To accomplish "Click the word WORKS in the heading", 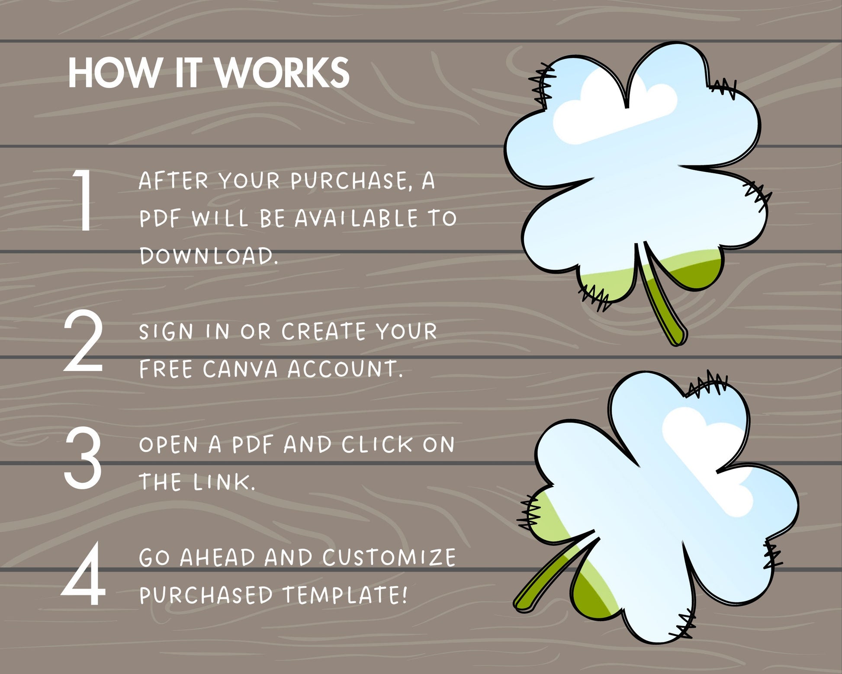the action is pyautogui.click(x=283, y=73).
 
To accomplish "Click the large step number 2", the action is pyautogui.click(x=84, y=341).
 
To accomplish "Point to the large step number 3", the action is pyautogui.click(x=83, y=458).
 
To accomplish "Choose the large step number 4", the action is pyautogui.click(x=84, y=574).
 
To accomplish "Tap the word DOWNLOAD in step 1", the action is pyautogui.click(x=209, y=256).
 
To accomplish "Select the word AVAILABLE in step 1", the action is pyautogui.click(x=356, y=219).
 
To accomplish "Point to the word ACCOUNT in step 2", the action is pyautogui.click(x=345, y=369).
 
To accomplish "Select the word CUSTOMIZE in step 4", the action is pyautogui.click(x=389, y=558).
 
